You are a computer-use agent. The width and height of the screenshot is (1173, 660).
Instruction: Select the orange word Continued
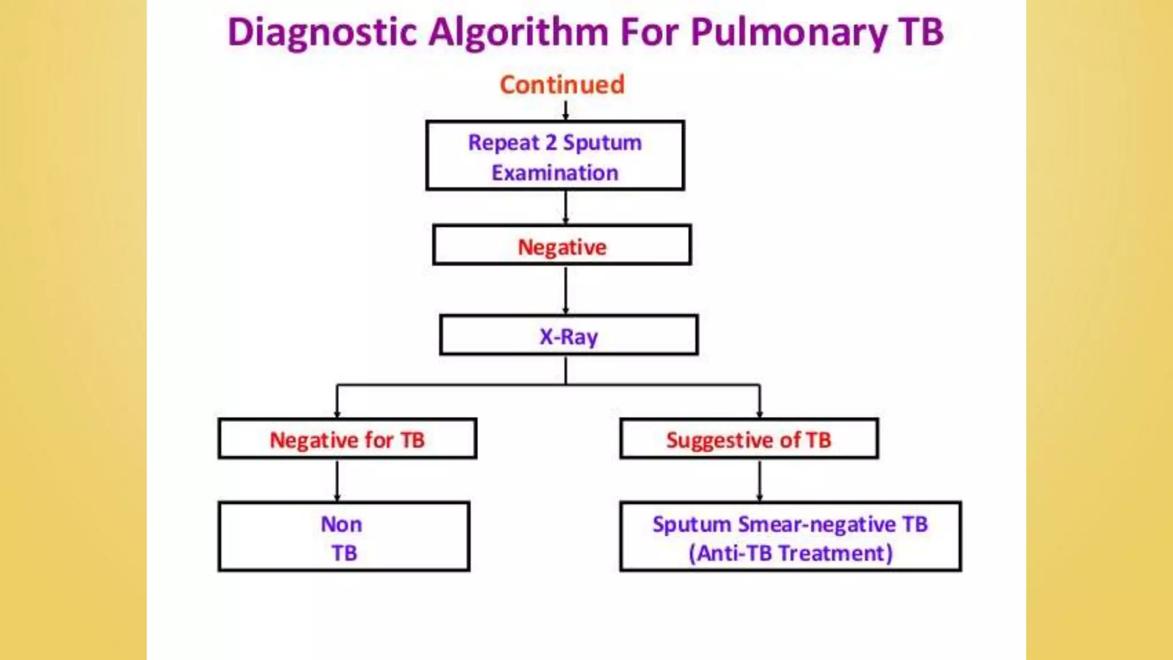(x=562, y=85)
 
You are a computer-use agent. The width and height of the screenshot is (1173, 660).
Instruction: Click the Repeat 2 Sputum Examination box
(x=555, y=156)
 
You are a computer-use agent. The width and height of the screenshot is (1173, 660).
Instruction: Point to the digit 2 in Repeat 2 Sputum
(x=551, y=142)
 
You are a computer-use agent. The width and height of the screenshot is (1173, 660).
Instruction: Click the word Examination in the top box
(x=555, y=172)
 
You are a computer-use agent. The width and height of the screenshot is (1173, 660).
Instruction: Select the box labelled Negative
(x=562, y=245)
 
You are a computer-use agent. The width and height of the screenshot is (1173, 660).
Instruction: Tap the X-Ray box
(x=569, y=335)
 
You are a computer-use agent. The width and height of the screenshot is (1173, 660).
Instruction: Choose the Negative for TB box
(x=347, y=439)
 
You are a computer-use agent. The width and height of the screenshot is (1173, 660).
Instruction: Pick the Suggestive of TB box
(x=749, y=439)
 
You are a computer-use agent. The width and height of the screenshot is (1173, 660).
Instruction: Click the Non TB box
(x=344, y=537)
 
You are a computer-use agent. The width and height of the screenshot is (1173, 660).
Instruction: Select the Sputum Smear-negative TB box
(x=790, y=537)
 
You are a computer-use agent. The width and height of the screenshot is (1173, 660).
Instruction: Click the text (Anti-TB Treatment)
(x=790, y=553)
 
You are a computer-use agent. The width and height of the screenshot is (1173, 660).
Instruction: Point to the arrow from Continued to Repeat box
(x=566, y=111)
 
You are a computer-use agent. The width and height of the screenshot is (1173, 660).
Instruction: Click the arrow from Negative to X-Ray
(x=566, y=290)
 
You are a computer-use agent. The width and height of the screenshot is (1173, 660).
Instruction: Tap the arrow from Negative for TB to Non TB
(x=337, y=481)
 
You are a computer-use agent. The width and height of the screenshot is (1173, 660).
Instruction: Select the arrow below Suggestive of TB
(x=759, y=481)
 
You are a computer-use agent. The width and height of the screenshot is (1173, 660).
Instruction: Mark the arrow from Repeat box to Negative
(x=566, y=207)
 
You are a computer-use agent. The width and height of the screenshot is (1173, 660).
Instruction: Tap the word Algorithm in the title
(x=519, y=33)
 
